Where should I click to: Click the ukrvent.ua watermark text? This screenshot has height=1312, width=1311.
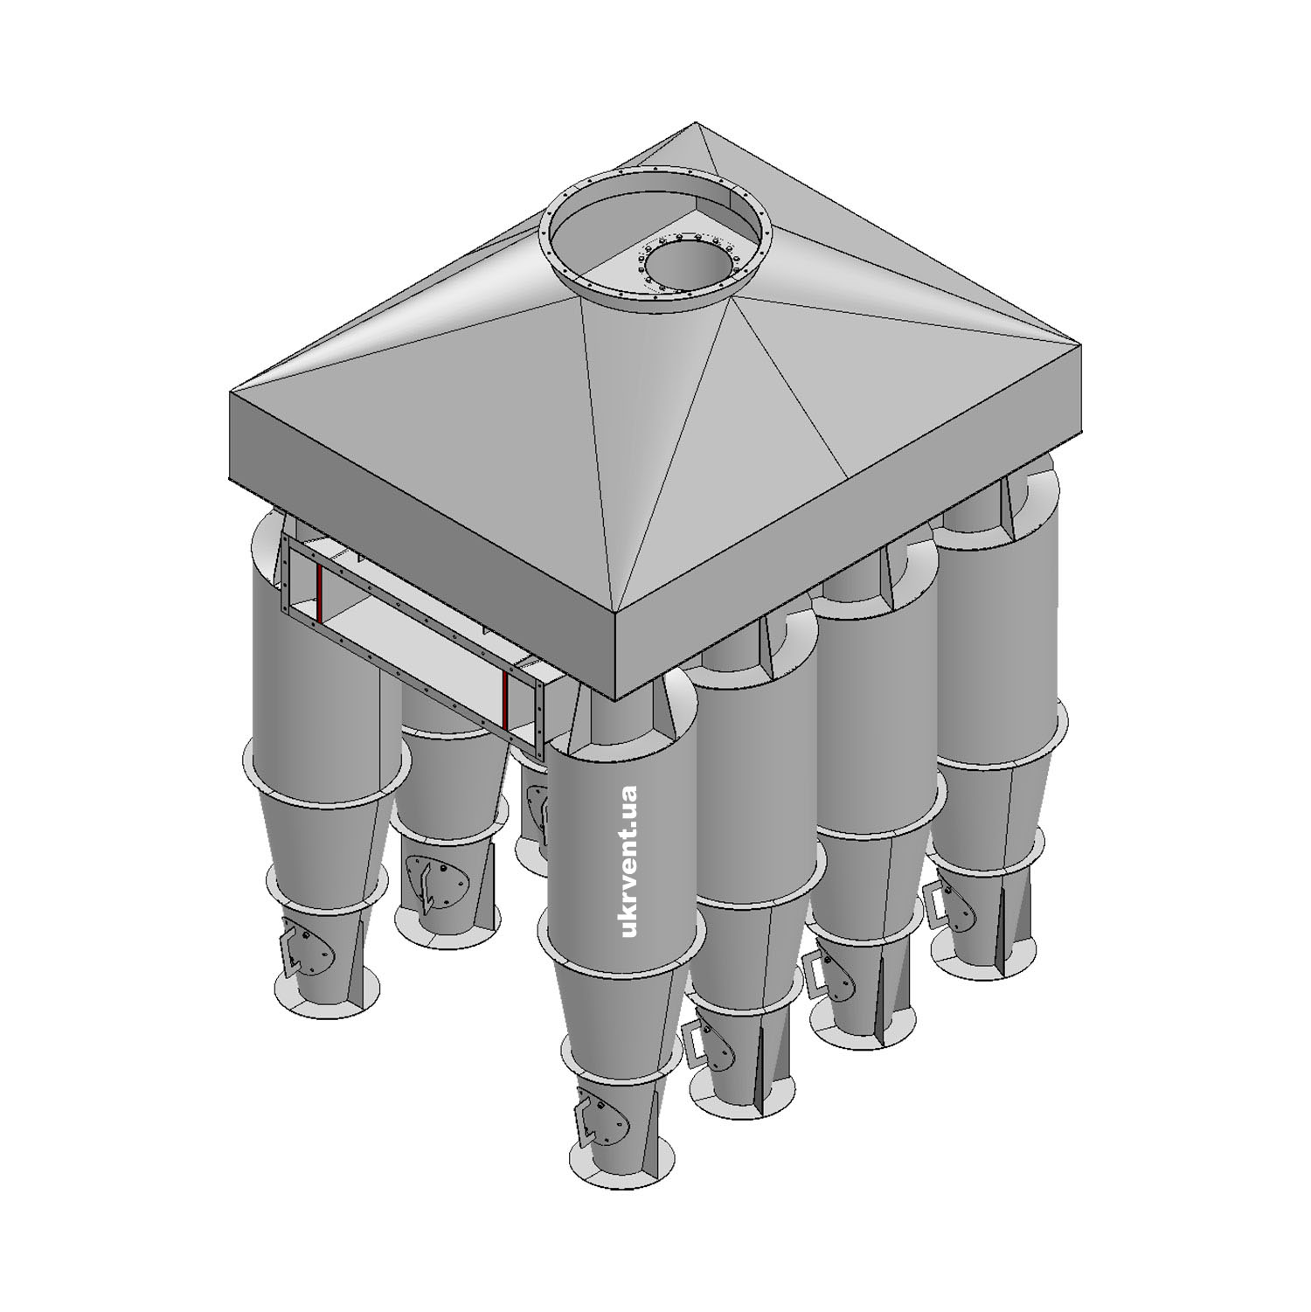pyautogui.click(x=628, y=862)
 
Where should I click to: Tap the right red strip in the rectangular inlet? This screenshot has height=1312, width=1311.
pyautogui.click(x=506, y=701)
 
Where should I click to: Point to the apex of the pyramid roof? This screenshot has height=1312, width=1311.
pyautogui.click(x=696, y=123)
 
